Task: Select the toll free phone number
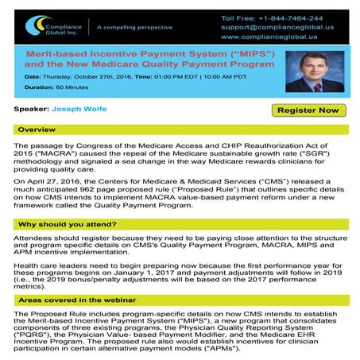(283, 17)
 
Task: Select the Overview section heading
(37, 129)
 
